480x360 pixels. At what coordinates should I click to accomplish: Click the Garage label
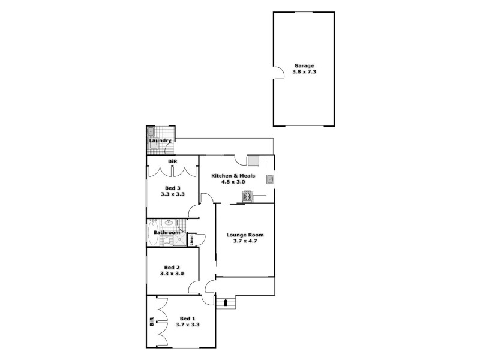pos(304,65)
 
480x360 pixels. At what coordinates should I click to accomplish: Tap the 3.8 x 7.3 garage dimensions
pos(304,72)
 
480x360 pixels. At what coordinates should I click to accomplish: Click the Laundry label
pos(160,141)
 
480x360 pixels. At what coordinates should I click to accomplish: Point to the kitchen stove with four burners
pos(247,196)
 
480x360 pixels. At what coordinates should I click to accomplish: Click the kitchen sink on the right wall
pos(270,178)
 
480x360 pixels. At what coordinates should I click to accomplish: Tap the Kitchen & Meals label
pos(233,176)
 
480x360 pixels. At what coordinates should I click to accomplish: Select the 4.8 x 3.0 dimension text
pos(233,182)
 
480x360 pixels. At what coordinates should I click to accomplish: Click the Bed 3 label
pos(172,188)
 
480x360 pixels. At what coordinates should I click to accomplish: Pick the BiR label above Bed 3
pos(172,161)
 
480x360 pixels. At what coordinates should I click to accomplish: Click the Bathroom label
pos(166,233)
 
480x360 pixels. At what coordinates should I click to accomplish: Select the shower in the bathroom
pos(179,240)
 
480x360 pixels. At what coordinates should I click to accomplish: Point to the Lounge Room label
pos(245,235)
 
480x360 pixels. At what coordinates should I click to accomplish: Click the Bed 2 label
pos(172,267)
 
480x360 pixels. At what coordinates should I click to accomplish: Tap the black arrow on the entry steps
pos(226,302)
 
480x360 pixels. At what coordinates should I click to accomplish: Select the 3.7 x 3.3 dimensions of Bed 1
pos(187,325)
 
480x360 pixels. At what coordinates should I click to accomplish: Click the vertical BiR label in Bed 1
pos(152,321)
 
